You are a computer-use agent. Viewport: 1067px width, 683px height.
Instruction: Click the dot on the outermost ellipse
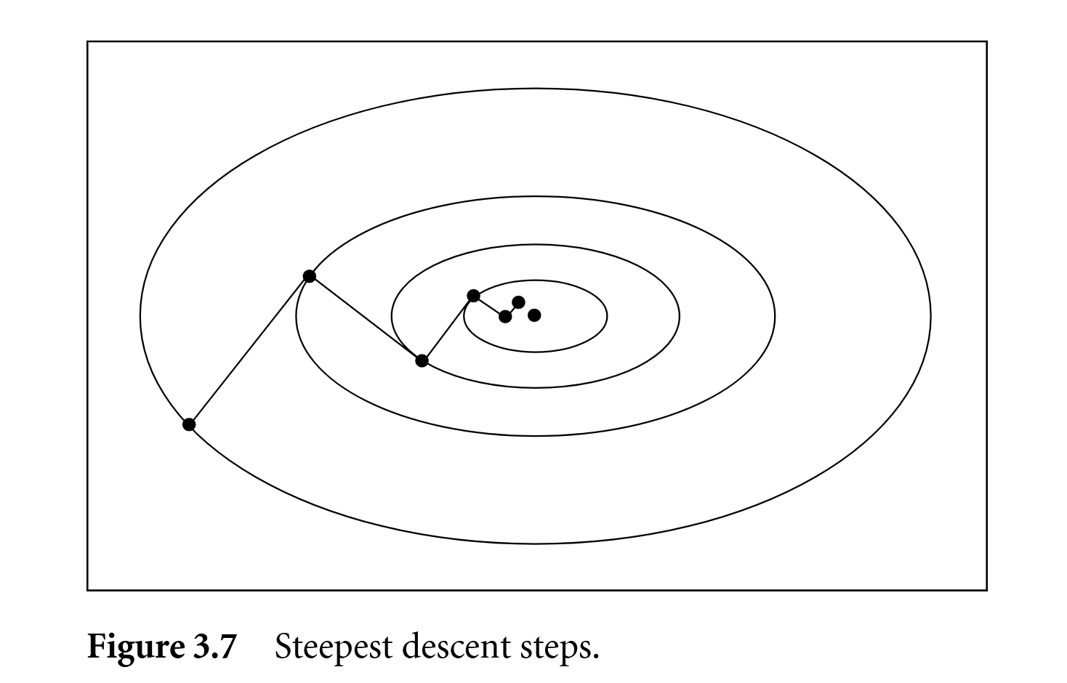coord(189,424)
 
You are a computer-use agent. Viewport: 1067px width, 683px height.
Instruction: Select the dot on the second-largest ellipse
coord(309,276)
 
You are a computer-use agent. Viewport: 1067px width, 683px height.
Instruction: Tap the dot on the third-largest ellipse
coord(422,360)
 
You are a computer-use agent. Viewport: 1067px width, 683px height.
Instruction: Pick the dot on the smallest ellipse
coord(473,296)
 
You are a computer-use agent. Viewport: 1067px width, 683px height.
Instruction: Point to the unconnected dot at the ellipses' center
coord(534,315)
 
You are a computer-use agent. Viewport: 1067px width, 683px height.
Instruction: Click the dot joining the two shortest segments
coord(505,316)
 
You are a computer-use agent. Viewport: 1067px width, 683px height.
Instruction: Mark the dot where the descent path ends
coord(518,302)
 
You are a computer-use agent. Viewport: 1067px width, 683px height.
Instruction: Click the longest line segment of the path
coord(249,350)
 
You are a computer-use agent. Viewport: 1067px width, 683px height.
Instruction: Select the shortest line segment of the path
coord(512,309)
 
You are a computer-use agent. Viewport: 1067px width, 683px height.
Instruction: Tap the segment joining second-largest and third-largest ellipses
coord(365,318)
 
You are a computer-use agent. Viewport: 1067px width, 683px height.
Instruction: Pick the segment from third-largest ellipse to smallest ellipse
coord(447,328)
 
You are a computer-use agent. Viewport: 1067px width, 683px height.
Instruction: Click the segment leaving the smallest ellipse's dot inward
coord(489,306)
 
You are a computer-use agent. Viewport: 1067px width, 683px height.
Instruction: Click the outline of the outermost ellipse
coord(535,89)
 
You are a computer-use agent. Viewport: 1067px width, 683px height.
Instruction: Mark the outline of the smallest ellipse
coord(535,280)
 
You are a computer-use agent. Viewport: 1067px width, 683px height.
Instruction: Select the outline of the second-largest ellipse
coord(535,197)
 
